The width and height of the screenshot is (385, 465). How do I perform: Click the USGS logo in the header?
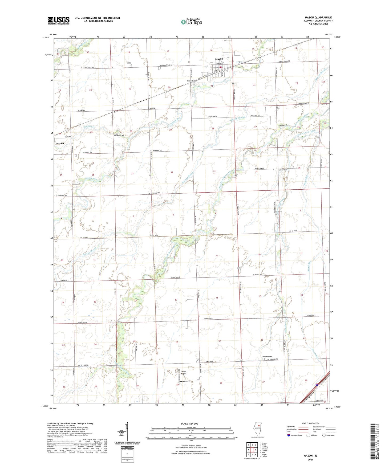click(x=59, y=20)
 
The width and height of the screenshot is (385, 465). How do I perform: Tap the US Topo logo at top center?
click(x=191, y=22)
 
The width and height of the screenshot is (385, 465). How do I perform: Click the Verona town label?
click(x=60, y=143)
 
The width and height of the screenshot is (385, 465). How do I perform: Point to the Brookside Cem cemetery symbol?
click(x=194, y=83)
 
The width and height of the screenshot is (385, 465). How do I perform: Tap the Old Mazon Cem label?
click(x=284, y=125)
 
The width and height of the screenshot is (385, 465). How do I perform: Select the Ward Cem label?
click(x=121, y=136)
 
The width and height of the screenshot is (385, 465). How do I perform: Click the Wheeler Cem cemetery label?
click(x=283, y=170)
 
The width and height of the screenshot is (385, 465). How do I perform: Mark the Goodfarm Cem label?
click(x=267, y=357)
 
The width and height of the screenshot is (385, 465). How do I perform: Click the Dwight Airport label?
click(x=184, y=372)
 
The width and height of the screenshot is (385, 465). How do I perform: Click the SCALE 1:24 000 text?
click(x=189, y=423)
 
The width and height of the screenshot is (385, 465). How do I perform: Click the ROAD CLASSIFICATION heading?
click(x=311, y=423)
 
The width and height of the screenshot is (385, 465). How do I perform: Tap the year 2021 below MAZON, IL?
click(x=310, y=460)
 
